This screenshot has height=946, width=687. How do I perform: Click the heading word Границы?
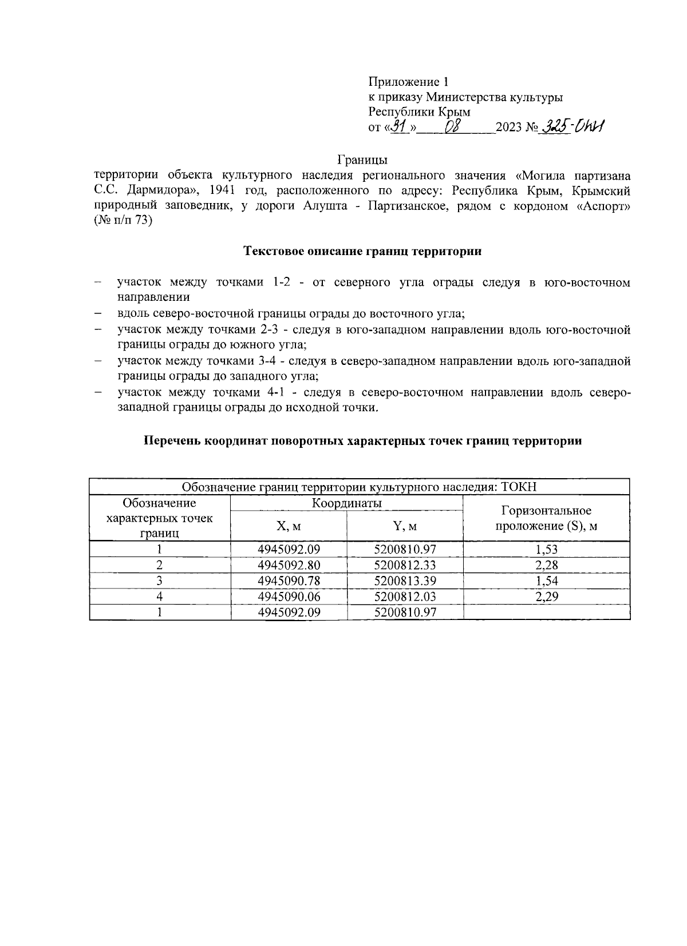pos(362,159)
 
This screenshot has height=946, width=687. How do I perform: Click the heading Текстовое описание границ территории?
pos(362,251)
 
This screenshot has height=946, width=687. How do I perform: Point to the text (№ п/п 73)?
pos(124,222)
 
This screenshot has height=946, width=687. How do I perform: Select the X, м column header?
pos(289,526)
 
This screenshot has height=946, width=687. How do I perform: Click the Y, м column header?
pos(404,526)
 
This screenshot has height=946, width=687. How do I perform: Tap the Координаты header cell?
pos(346,503)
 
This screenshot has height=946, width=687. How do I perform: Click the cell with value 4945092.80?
pos(289,566)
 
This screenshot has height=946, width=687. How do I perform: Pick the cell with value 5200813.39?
pos(405,581)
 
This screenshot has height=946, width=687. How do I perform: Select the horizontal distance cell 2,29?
pos(546,597)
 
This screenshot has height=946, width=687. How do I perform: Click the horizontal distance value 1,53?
pos(546,550)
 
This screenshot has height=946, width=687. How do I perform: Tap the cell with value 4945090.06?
pos(289,597)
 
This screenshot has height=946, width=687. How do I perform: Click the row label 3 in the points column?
pos(160,581)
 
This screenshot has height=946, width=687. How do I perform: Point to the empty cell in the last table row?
pos(546,612)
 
